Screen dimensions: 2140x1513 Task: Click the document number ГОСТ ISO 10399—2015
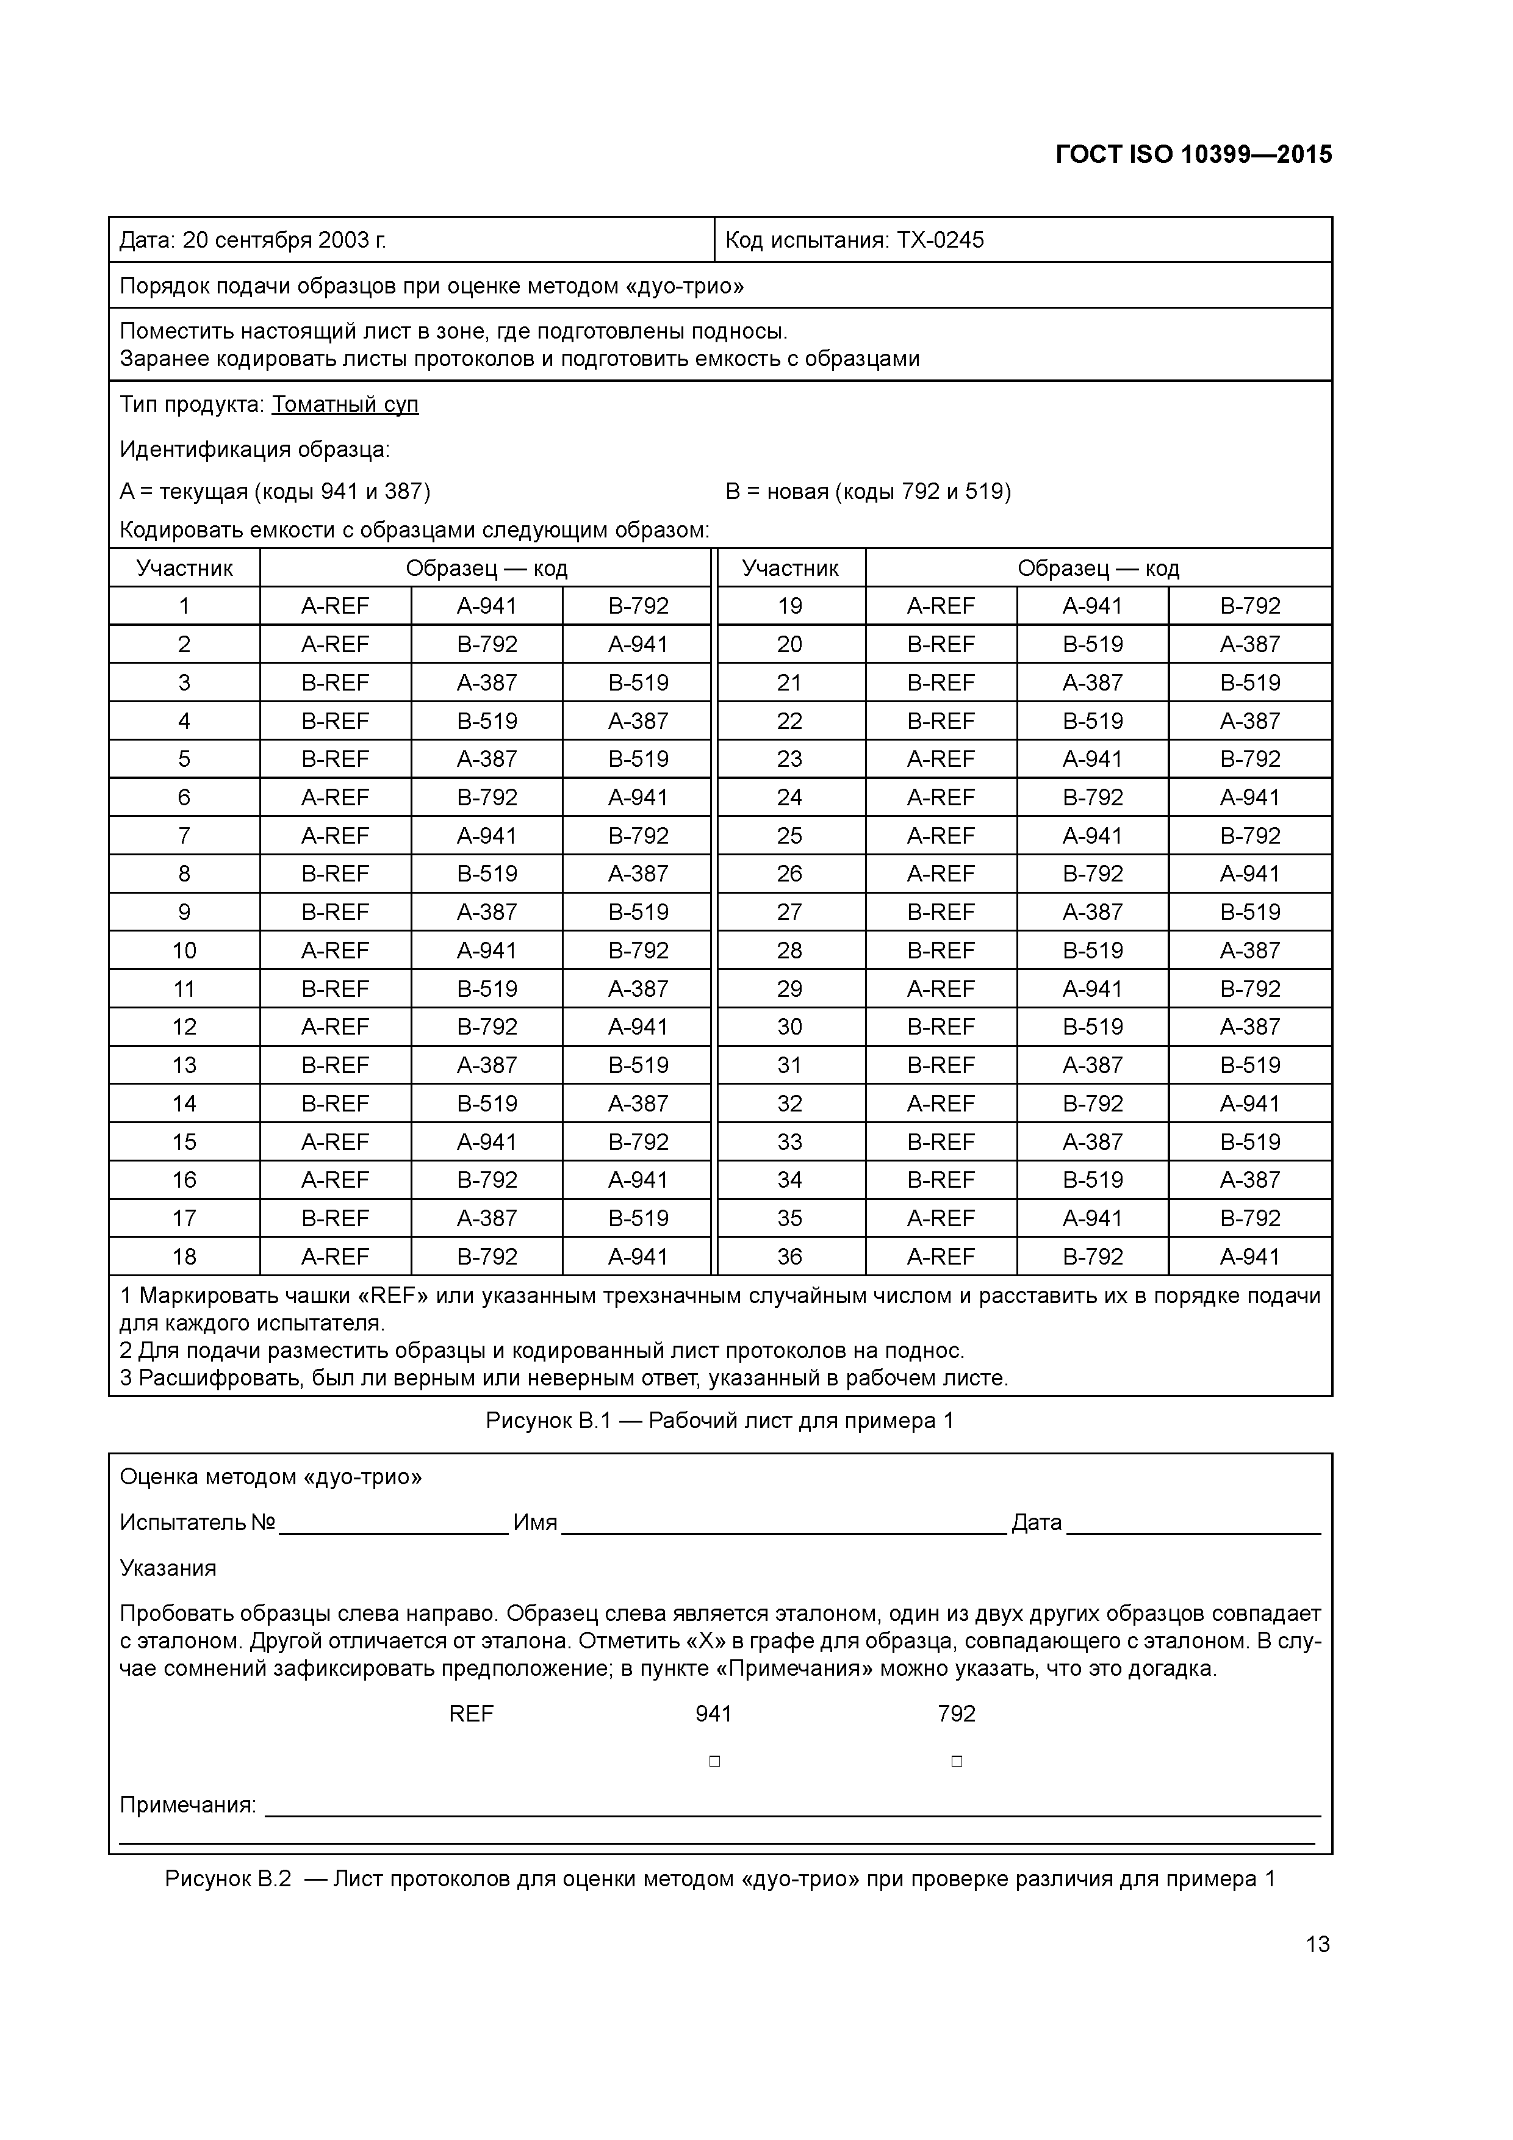[x=1193, y=155]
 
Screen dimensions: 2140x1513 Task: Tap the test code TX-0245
[x=940, y=240]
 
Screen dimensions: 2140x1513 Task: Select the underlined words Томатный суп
[x=345, y=404]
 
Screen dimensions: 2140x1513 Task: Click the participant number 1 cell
[x=185, y=606]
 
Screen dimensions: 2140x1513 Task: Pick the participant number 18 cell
[x=185, y=1257]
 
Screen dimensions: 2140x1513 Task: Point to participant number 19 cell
[x=789, y=606]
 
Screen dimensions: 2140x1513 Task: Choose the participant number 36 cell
[x=789, y=1257]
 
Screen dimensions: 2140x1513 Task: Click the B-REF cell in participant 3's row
[x=336, y=682]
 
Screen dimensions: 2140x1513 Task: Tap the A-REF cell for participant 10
[x=336, y=950]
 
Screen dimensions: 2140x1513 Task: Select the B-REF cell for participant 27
[x=941, y=911]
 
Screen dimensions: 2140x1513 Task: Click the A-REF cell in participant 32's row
[x=941, y=1104]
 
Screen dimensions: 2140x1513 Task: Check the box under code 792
[x=957, y=1762]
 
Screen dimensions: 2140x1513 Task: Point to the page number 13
[x=1317, y=1944]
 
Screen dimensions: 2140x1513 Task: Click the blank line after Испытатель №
[x=394, y=1524]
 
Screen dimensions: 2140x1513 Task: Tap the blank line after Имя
[x=783, y=1524]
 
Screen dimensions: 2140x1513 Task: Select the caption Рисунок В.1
[x=720, y=1420]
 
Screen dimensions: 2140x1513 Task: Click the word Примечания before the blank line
[x=187, y=1805]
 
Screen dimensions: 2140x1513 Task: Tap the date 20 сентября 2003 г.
[x=284, y=240]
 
